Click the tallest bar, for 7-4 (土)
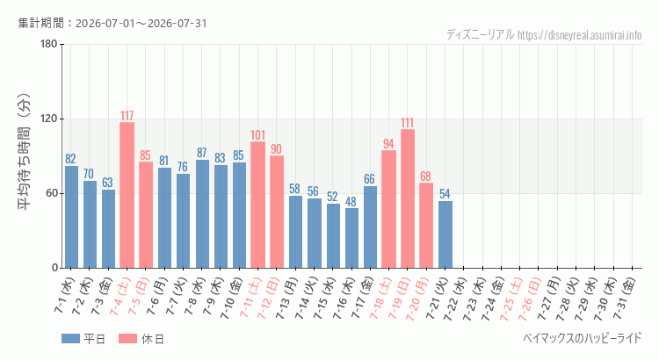pos(127,195)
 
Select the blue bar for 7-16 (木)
pos(351,238)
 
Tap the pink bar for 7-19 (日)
pos(408,198)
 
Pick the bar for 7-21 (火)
pos(445,234)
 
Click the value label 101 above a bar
pos(257,135)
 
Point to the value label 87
pos(201,153)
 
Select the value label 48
pos(351,201)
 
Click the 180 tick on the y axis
pos(48,44)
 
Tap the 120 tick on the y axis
pos(48,119)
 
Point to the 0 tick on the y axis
pos(55,268)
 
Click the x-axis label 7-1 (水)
pos(64,295)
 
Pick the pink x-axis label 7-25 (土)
pos(512,298)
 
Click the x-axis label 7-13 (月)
pos(288,298)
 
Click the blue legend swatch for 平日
pos(70,339)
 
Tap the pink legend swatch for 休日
pos(128,339)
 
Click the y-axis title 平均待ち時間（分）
pos(24,152)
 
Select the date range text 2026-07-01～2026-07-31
pos(141,23)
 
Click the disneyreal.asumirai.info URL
pos(580,35)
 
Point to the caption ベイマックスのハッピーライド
pos(583,337)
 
